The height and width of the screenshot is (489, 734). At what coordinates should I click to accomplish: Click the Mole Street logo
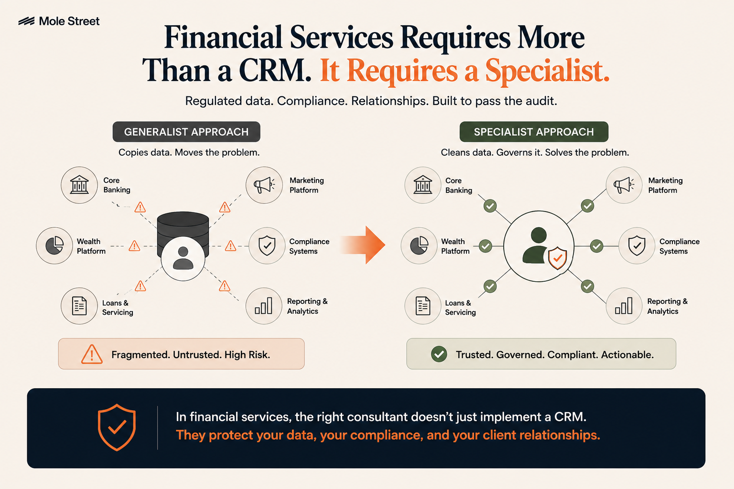[59, 21]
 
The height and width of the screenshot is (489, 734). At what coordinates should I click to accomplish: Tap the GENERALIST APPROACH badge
[186, 132]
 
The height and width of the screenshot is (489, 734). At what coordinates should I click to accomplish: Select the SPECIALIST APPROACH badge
[534, 132]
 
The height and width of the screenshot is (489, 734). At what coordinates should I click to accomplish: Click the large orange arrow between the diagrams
[363, 244]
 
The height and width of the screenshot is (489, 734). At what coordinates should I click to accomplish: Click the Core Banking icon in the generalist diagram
[79, 185]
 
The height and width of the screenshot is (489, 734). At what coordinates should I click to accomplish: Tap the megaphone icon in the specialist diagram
[624, 185]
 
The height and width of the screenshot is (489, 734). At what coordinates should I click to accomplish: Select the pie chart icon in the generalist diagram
[54, 245]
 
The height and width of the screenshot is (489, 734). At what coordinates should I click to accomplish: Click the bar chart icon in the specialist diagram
[624, 306]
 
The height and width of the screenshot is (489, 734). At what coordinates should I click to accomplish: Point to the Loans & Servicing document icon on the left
[79, 306]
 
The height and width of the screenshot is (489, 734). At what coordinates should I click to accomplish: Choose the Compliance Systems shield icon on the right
[637, 245]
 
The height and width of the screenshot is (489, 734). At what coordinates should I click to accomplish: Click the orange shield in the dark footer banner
[117, 427]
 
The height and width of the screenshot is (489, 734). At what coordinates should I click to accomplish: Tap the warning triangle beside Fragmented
[92, 354]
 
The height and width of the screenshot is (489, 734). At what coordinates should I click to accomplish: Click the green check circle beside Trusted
[439, 354]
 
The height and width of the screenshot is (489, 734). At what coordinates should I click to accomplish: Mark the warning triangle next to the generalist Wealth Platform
[134, 245]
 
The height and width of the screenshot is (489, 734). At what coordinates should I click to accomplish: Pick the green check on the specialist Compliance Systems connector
[597, 246]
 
